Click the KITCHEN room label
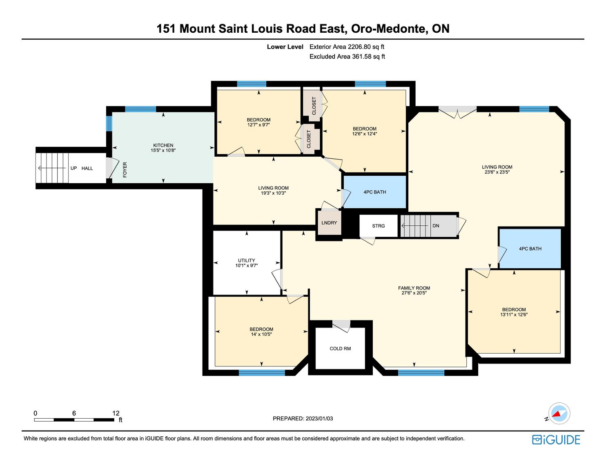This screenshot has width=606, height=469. pos(163,145)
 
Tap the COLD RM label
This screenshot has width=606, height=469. pos(340,348)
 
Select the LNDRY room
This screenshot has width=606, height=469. pos(329,223)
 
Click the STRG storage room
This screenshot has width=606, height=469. pos(379,226)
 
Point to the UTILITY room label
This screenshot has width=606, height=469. pos(247,260)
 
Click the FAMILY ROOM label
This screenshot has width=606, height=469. pos(414,288)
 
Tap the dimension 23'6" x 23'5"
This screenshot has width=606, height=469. pos(497,172)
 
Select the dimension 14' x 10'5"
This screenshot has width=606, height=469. pos(261,334)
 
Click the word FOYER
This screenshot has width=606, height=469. pos(125,170)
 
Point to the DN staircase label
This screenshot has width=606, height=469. pos(436,226)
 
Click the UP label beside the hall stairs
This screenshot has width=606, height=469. pos(74,168)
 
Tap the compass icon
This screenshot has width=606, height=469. pos(559,413)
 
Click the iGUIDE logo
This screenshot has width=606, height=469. pos(556,440)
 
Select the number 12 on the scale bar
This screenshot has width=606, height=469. pos(116,413)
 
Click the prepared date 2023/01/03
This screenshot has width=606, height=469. pos(319,418)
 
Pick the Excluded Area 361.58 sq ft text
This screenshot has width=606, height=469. pos(347,56)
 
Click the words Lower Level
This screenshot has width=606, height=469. pos(285,47)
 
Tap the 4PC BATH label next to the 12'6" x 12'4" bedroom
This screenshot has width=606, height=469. pos(375,192)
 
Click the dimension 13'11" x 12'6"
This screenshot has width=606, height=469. pos(514,314)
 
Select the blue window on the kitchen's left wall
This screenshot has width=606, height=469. pos(109,123)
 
